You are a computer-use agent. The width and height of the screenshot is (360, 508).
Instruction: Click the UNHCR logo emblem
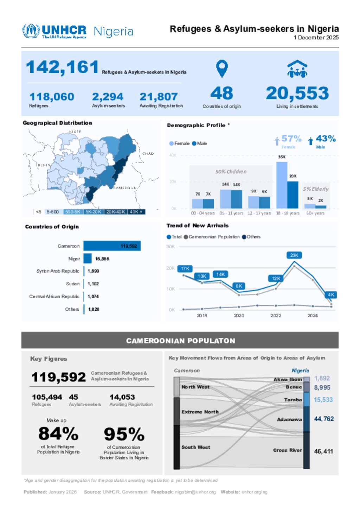pyautogui.click(x=31, y=31)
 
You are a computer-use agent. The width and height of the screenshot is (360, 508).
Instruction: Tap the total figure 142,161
pyautogui.click(x=62, y=67)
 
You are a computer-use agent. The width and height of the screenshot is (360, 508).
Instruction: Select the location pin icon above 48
pyautogui.click(x=222, y=68)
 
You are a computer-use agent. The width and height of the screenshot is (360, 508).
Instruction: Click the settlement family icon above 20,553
pyautogui.click(x=297, y=69)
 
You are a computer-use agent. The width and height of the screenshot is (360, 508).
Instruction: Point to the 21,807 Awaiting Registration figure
pyautogui.click(x=159, y=97)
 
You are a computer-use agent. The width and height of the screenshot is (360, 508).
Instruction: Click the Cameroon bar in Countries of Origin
pyautogui.click(x=112, y=246)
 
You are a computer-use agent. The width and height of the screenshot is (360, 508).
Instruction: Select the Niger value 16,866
pyautogui.click(x=102, y=259)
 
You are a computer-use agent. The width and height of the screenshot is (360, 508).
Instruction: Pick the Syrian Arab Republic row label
pyautogui.click(x=58, y=271)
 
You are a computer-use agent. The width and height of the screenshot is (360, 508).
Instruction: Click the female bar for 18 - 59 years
pyautogui.click(x=282, y=185)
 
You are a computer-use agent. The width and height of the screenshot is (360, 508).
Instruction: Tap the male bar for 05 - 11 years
pyautogui.click(x=236, y=199)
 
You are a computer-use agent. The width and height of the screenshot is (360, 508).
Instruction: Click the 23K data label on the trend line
pyautogui.click(x=294, y=255)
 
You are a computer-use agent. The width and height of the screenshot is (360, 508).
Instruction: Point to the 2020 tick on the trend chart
pyautogui.click(x=239, y=316)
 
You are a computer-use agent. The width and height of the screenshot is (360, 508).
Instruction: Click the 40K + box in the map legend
pyautogui.click(x=136, y=212)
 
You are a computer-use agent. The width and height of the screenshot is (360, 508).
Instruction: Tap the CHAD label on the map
pyautogui.click(x=148, y=154)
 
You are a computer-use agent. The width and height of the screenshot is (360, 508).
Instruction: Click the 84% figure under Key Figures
pyautogui.click(x=58, y=434)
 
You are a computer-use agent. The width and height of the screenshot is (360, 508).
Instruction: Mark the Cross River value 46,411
pyautogui.click(x=323, y=451)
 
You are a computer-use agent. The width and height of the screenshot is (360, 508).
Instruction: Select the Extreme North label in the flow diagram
pyautogui.click(x=200, y=412)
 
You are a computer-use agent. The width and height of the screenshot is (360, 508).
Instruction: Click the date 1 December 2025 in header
pyautogui.click(x=316, y=38)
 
